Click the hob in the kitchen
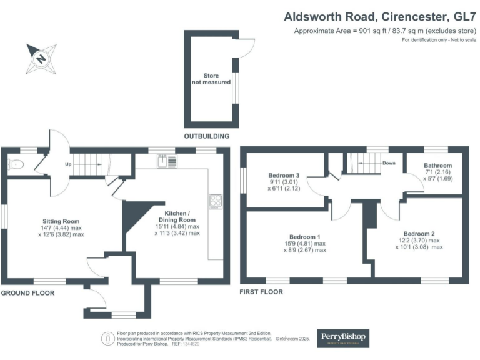(x=216, y=201)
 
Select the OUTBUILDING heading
(x=206, y=136)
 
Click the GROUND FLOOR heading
(x=27, y=292)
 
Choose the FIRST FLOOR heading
(x=261, y=292)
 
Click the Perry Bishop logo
(x=344, y=337)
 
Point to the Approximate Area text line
(x=384, y=31)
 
